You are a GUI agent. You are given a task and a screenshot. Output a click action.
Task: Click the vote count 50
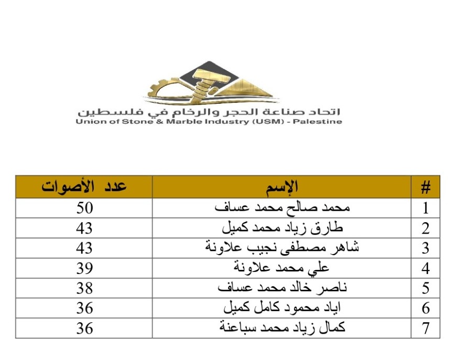[84, 208]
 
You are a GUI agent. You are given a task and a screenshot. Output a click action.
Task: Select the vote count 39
[84, 268]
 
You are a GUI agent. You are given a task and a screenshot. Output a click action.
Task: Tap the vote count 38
[84, 288]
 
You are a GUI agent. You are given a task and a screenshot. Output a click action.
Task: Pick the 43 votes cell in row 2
[84, 228]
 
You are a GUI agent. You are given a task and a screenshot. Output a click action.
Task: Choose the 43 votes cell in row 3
[84, 248]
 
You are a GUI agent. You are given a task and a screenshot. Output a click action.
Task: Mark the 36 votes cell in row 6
[84, 308]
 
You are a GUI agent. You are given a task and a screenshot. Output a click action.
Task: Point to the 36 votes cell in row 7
[84, 328]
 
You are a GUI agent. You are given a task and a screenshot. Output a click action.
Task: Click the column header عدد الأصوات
[84, 187]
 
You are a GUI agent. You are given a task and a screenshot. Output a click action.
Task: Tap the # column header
[426, 187]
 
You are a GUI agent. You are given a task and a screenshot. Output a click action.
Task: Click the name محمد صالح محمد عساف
[282, 208]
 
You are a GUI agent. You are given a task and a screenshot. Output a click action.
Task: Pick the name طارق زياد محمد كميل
[282, 228]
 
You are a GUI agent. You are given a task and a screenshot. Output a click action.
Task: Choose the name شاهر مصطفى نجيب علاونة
[282, 248]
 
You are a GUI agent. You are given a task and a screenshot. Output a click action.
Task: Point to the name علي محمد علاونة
[281, 268]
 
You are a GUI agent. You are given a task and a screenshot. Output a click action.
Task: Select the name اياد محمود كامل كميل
[282, 308]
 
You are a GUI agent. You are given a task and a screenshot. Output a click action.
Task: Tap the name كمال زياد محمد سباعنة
[282, 328]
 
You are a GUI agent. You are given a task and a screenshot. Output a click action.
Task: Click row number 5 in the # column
[426, 288]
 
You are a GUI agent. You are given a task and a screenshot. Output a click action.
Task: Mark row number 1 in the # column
[426, 208]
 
